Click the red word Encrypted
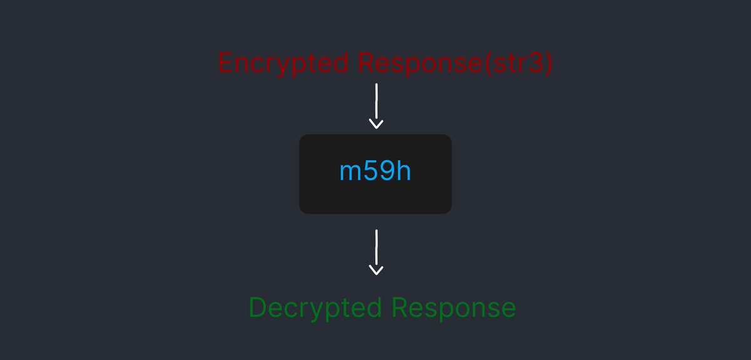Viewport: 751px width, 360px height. point(283,64)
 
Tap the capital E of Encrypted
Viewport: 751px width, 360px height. point(225,64)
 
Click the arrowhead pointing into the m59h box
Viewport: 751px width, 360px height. point(375,124)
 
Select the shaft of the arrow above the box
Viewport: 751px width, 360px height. point(375,101)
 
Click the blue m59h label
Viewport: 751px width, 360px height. point(375,171)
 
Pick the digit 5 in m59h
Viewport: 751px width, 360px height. point(370,171)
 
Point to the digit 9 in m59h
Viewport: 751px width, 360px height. point(387,171)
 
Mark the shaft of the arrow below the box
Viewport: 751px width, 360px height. point(375,247)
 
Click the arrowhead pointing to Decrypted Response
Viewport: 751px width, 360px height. point(375,270)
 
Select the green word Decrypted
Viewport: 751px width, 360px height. point(315,308)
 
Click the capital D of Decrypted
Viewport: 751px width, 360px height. point(257,308)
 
